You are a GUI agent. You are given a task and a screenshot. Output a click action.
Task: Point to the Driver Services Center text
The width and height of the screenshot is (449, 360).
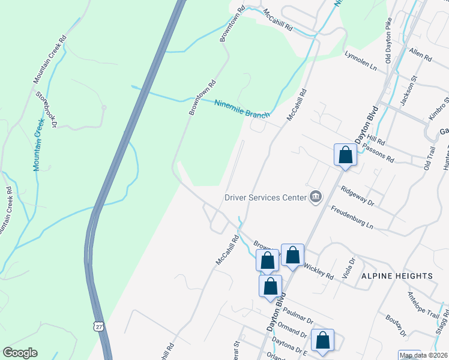pos(265,197)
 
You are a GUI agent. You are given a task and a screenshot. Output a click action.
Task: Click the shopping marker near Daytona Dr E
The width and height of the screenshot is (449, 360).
pos(322,340)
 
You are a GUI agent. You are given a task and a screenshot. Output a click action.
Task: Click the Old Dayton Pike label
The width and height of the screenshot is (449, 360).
pos(388,41)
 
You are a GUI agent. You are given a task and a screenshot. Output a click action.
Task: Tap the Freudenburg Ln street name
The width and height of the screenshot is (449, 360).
pos(352,217)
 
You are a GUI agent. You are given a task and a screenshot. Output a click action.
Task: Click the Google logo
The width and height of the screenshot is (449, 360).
pos(20,353)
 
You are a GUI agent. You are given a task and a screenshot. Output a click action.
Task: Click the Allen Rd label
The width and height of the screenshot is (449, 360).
pos(420,56)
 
